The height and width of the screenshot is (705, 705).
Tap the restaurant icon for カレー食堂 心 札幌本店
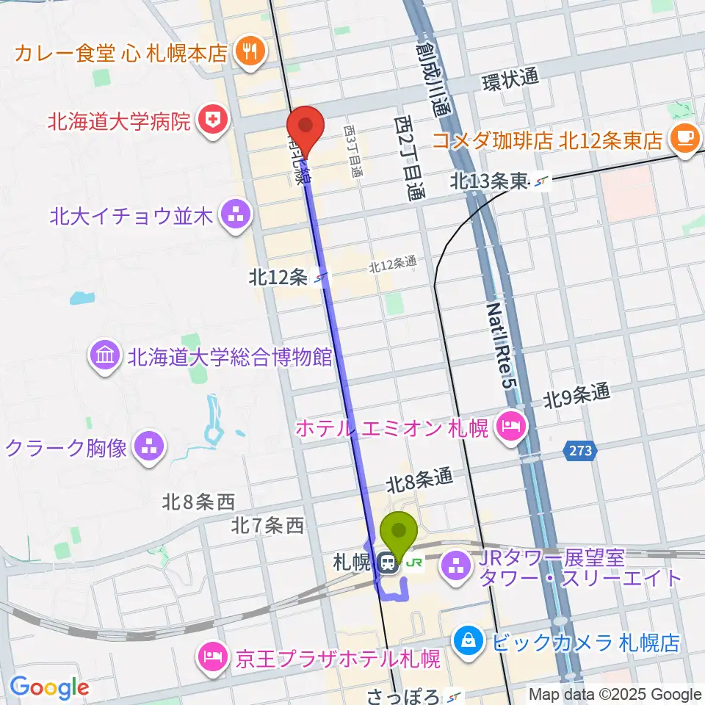pyautogui.click(x=250, y=51)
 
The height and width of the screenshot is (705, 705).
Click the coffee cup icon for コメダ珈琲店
pyautogui.click(x=686, y=138)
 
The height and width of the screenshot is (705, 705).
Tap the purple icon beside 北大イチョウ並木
pyautogui.click(x=236, y=216)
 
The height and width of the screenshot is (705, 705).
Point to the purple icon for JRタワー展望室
pyautogui.click(x=458, y=566)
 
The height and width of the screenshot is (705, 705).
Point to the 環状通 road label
pyautogui.click(x=510, y=80)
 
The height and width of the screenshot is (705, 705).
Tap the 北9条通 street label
pyautogui.click(x=576, y=398)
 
